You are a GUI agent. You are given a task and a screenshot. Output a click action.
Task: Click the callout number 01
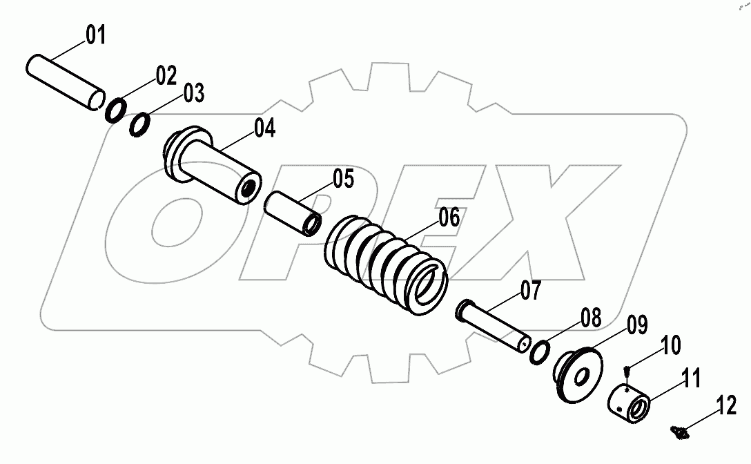(96, 35)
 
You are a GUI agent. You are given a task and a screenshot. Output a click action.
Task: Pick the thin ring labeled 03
(140, 125)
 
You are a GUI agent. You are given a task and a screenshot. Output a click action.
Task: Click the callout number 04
(264, 129)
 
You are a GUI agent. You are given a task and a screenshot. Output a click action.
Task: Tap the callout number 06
(449, 217)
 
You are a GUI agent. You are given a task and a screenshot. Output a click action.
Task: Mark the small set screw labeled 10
(625, 373)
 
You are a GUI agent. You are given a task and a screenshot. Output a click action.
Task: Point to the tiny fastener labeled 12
(679, 432)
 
